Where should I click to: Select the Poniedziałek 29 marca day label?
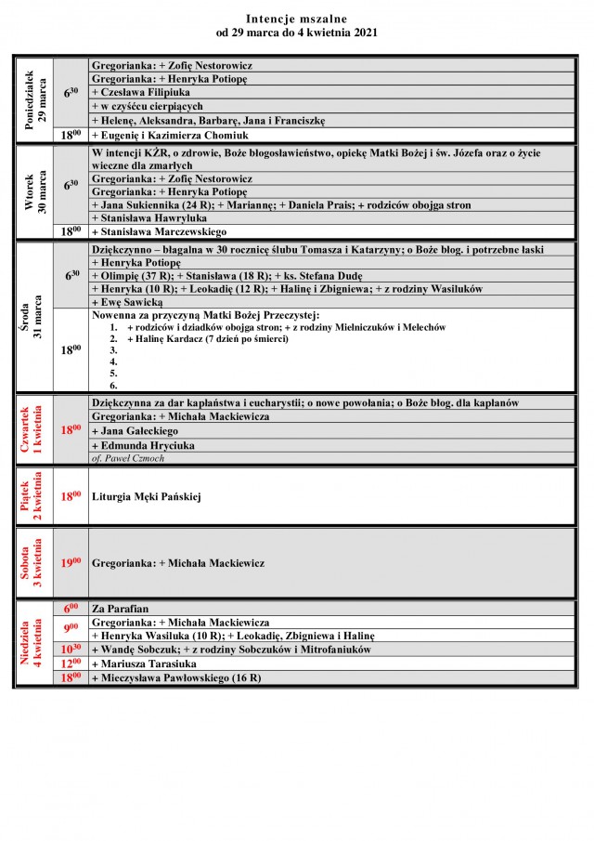[x=33, y=99]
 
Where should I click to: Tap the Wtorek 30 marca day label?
[x=33, y=191]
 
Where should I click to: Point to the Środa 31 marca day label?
[x=33, y=317]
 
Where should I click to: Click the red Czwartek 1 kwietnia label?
[x=33, y=429]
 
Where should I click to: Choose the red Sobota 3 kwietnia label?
[x=33, y=563]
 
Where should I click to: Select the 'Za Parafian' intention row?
[x=121, y=609]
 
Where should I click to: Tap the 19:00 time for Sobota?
[x=71, y=563]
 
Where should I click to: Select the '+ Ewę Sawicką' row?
[x=128, y=302]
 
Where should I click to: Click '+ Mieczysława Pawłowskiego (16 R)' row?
[x=176, y=678]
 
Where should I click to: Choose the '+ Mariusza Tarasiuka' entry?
[x=144, y=664]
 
